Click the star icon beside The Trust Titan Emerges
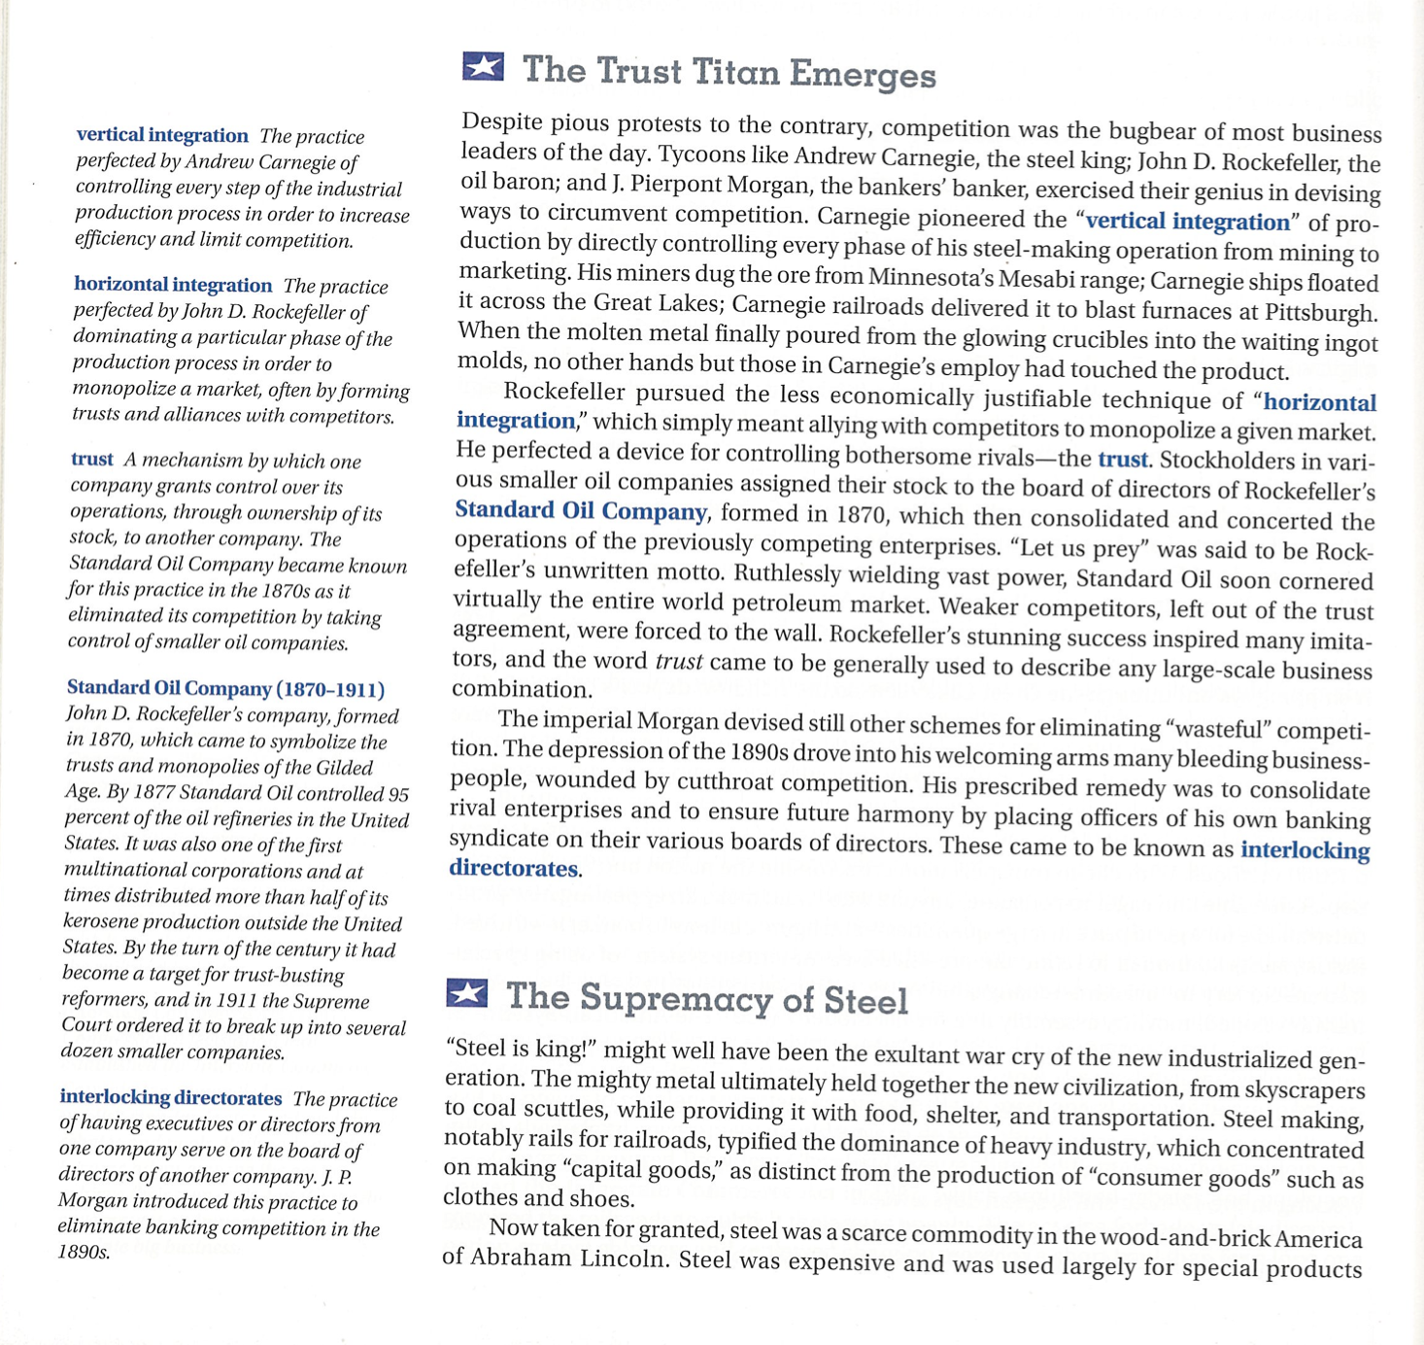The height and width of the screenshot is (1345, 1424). (483, 67)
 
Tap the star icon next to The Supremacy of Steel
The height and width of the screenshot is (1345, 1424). (466, 993)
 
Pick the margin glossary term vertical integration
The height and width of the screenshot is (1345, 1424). (162, 135)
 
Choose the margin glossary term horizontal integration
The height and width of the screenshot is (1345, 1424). (173, 285)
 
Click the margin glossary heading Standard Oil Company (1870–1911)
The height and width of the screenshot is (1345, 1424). (225, 689)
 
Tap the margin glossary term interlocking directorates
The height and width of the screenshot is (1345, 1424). (171, 1097)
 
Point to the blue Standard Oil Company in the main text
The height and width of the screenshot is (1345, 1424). (581, 511)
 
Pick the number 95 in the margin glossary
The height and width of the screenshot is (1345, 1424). (397, 794)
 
